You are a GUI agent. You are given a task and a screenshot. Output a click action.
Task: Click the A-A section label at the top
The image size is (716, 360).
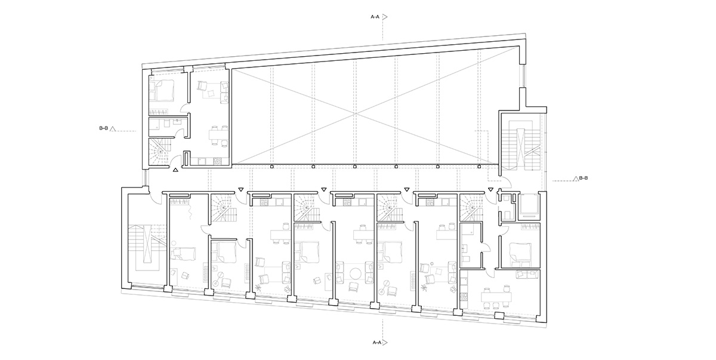[375, 17]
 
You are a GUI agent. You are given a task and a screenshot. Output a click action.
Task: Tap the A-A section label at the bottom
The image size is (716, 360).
[377, 343]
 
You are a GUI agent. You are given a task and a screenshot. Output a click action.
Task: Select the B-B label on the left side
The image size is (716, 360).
[104, 128]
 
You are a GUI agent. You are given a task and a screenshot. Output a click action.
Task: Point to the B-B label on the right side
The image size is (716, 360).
[584, 178]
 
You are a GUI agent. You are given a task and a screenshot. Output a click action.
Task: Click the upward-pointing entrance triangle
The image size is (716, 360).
[175, 170]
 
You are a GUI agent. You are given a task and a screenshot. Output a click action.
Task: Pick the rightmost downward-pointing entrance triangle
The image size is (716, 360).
[490, 190]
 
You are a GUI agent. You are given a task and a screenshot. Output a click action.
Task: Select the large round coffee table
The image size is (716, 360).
[356, 274]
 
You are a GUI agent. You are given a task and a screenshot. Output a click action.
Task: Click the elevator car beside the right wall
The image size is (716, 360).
[529, 205]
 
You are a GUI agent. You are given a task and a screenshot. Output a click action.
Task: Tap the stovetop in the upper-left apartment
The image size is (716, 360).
[217, 161]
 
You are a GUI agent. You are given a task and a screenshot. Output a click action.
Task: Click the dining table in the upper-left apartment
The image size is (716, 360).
[218, 136]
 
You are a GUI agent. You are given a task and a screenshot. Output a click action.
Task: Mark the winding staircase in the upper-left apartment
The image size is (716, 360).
[159, 152]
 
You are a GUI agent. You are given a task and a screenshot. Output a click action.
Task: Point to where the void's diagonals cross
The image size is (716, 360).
[356, 114]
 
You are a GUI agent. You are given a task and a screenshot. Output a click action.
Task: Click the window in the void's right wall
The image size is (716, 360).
[523, 76]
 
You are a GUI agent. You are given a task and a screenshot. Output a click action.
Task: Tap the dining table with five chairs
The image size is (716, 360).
[496, 297]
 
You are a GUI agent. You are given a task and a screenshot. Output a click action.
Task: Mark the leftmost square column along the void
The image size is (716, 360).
[271, 166]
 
